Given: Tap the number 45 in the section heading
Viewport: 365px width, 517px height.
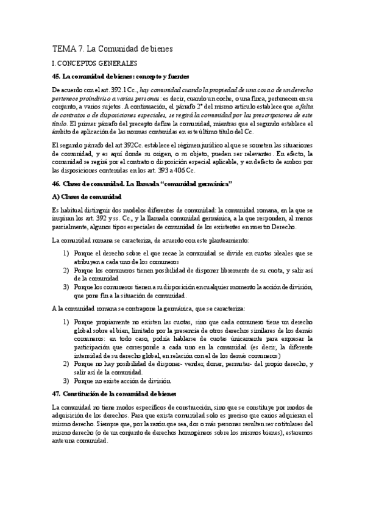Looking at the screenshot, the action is coord(57,76).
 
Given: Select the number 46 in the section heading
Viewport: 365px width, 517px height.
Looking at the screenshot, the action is coord(57,184).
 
